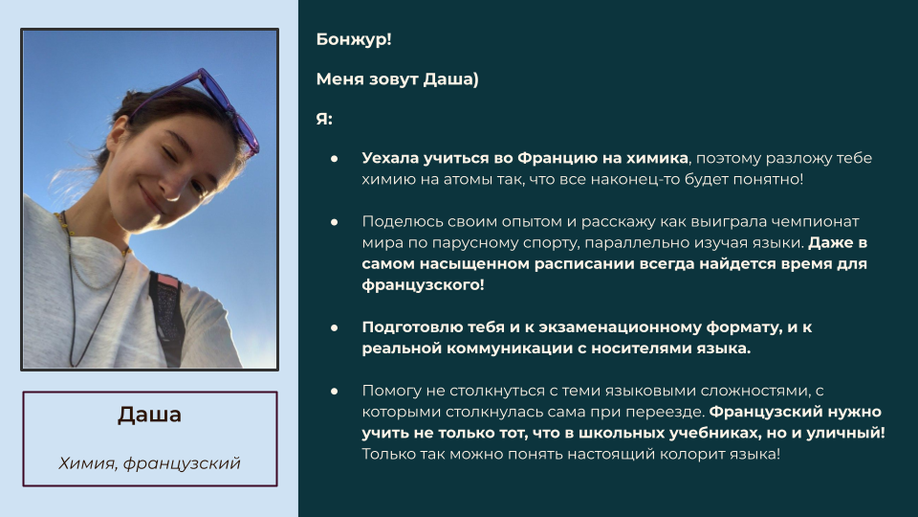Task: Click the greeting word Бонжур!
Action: [x=354, y=39]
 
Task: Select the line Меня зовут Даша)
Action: [x=397, y=79]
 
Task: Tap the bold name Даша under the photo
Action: [x=150, y=415]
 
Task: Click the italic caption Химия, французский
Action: [x=150, y=463]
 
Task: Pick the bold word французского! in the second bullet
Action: [x=423, y=285]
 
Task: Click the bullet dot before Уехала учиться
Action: [x=335, y=158]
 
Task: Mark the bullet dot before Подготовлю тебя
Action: [x=335, y=327]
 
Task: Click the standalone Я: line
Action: [x=324, y=119]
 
